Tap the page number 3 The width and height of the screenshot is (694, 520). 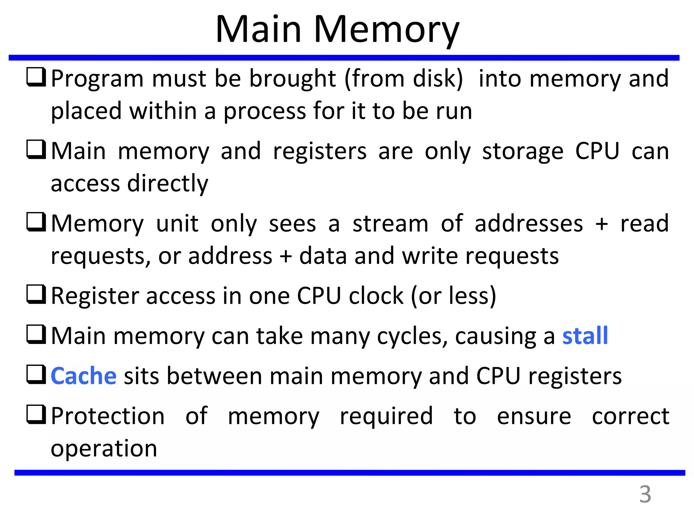point(645,494)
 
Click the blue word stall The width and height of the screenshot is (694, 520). point(585,336)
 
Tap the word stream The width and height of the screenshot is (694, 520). point(390,223)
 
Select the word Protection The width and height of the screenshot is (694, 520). point(108,416)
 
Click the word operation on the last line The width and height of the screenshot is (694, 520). point(104,449)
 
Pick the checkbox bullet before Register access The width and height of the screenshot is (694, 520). point(36,294)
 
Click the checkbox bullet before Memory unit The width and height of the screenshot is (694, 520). point(36,222)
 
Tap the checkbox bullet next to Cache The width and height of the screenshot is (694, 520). point(36,374)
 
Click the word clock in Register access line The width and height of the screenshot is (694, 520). point(376,296)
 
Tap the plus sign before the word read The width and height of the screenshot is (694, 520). point(602,224)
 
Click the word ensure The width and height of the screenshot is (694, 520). point(534,416)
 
